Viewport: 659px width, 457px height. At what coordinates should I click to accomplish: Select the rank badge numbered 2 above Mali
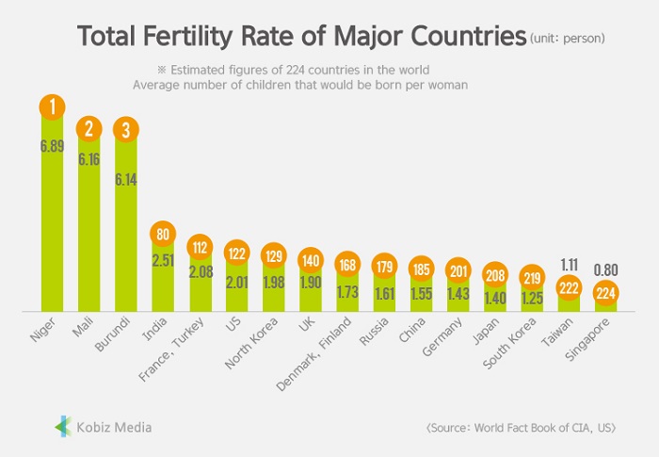pyautogui.click(x=89, y=129)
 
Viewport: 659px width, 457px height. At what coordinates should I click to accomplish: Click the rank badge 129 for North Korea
pyautogui.click(x=274, y=257)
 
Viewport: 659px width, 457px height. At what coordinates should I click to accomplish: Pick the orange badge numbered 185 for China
pyautogui.click(x=421, y=269)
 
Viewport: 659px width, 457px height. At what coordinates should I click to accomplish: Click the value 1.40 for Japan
pyautogui.click(x=495, y=298)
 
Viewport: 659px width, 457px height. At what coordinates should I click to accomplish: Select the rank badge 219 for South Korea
pyautogui.click(x=532, y=278)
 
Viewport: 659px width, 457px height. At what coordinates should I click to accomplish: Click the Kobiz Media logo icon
pyautogui.click(x=62, y=427)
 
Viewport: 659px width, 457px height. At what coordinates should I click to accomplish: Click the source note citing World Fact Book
pyautogui.click(x=521, y=427)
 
